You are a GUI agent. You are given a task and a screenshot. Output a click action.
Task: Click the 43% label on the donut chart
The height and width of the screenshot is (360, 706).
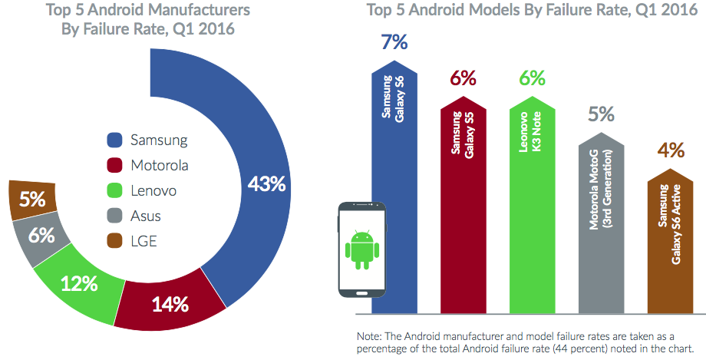[x=266, y=184]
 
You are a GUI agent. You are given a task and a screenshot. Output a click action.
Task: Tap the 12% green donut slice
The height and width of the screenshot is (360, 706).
[x=80, y=283]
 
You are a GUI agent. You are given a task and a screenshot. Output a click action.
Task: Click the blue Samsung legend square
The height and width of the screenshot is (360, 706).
[x=115, y=140]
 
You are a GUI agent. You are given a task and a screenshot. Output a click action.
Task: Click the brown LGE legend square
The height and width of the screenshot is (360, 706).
[x=115, y=241]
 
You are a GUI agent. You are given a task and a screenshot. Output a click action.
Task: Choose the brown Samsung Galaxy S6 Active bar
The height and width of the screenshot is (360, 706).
[x=670, y=246]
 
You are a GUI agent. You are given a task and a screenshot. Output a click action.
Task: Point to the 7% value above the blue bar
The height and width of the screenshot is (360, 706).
[x=394, y=42]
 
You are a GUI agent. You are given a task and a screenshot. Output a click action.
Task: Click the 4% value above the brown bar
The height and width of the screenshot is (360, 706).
[x=670, y=150]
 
